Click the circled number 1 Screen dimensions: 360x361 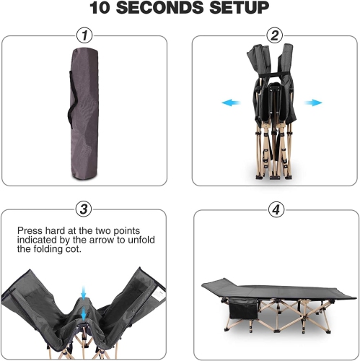click(x=84, y=36)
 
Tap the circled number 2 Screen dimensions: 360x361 click(x=275, y=36)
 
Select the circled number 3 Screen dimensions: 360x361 click(x=84, y=209)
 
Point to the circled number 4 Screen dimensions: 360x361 click(x=276, y=209)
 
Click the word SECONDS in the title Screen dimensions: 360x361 click(x=160, y=7)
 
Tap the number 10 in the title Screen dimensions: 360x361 click(x=100, y=7)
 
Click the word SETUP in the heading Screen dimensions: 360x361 click(x=240, y=7)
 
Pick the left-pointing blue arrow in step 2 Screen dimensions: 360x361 click(x=231, y=103)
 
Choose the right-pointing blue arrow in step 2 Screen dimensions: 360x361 click(x=313, y=103)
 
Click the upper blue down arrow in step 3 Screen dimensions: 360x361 click(x=84, y=293)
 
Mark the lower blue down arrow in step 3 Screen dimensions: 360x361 click(x=84, y=314)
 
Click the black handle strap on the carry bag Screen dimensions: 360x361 click(x=72, y=99)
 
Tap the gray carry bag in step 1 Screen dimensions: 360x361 click(x=84, y=114)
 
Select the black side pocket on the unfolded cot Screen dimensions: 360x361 click(x=243, y=308)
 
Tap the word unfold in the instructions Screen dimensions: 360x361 click(x=141, y=240)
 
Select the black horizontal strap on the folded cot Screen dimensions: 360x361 click(x=273, y=74)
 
